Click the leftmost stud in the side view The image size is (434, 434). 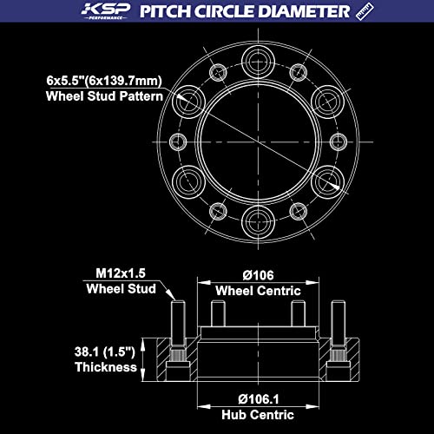click(x=177, y=324)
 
